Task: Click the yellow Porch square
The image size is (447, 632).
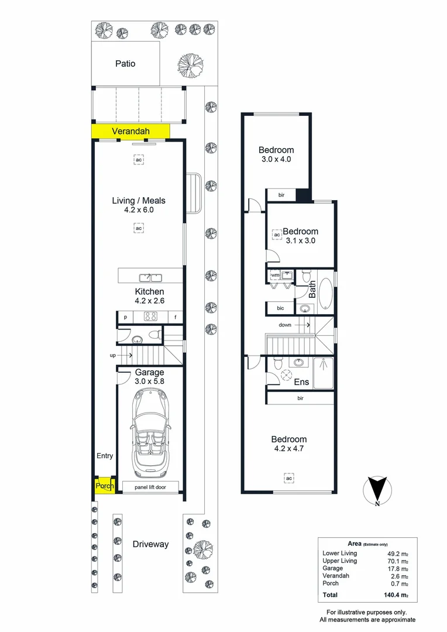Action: (105, 486)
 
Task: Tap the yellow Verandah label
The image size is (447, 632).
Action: (130, 132)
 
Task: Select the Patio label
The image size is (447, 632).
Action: (124, 63)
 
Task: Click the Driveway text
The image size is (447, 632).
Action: (150, 544)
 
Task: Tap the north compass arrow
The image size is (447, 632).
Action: (378, 490)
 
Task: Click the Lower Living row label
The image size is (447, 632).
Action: (339, 553)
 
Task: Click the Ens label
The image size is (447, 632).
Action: (301, 383)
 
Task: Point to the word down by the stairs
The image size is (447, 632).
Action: (285, 325)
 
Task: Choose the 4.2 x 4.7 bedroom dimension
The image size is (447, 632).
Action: (289, 449)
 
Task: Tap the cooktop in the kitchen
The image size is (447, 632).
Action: (150, 317)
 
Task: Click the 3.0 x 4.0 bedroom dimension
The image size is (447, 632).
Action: (276, 159)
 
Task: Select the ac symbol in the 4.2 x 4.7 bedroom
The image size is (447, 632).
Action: (289, 478)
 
